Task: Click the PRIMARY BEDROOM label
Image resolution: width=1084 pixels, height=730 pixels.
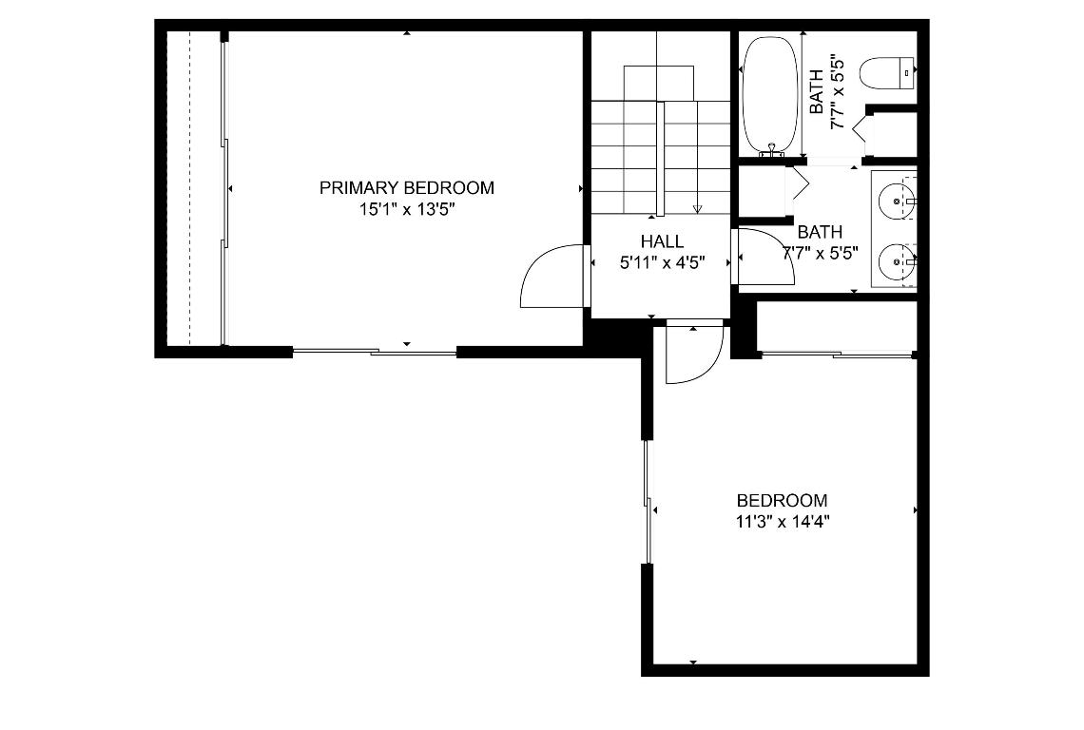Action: pyautogui.click(x=406, y=188)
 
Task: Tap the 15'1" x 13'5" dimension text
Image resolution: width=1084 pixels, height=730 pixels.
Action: pyautogui.click(x=406, y=209)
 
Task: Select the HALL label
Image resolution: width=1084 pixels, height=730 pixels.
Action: pyautogui.click(x=662, y=242)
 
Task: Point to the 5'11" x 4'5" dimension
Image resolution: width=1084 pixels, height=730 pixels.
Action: pyautogui.click(x=662, y=263)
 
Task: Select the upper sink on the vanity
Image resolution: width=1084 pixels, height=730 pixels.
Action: pyautogui.click(x=897, y=201)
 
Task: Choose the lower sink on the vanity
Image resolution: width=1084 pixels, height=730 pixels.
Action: pyautogui.click(x=897, y=259)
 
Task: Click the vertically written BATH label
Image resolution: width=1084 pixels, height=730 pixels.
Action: pyautogui.click(x=817, y=92)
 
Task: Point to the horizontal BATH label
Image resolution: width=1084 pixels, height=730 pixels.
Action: pyautogui.click(x=819, y=232)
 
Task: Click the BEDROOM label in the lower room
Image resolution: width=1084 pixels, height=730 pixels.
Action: pyautogui.click(x=782, y=501)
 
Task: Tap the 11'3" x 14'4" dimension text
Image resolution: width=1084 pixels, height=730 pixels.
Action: pyautogui.click(x=782, y=521)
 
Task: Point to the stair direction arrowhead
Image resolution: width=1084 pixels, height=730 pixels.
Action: pyautogui.click(x=697, y=208)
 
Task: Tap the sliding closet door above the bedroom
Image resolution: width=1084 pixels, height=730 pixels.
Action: pyautogui.click(x=837, y=355)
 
